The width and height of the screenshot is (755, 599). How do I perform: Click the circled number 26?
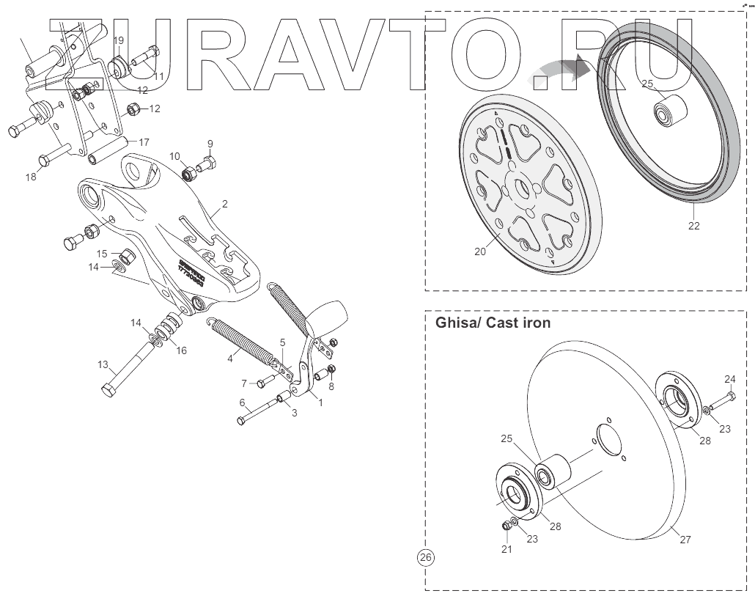[x=425, y=558]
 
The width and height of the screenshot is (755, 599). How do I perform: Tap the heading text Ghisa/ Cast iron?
[x=493, y=323]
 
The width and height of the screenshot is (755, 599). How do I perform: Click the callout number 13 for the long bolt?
[x=103, y=364]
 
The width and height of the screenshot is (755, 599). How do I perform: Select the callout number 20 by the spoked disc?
[x=480, y=251]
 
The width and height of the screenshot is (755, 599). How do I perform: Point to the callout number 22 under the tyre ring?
[x=693, y=225]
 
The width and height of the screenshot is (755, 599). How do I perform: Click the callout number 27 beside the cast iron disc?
[x=685, y=540]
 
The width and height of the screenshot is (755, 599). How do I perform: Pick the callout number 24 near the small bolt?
[x=729, y=379]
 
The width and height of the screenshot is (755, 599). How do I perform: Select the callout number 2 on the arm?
[x=224, y=204]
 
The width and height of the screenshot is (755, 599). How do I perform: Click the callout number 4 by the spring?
[x=230, y=359]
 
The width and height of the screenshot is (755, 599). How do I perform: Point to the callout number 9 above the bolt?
[x=210, y=143]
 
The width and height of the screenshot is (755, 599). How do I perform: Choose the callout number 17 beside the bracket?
[x=144, y=142]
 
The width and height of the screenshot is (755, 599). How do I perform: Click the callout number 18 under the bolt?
[x=30, y=177]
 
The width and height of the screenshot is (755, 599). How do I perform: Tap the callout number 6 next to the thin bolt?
[x=242, y=403]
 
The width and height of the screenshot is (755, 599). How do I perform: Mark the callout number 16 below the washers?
[x=180, y=350]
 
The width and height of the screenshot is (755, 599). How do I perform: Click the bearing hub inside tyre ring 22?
[x=669, y=113]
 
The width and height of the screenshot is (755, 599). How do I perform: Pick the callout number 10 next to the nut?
[x=174, y=156]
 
